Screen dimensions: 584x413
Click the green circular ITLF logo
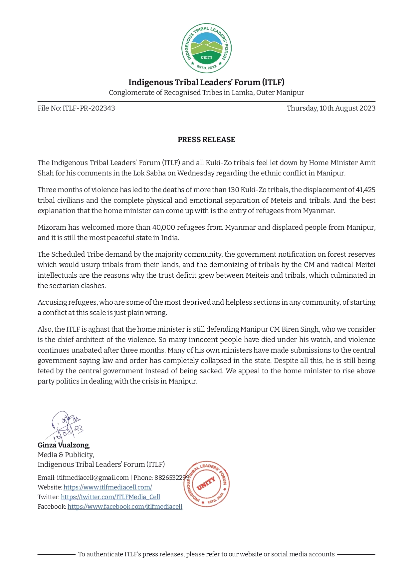206,49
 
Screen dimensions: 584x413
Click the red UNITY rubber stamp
207,484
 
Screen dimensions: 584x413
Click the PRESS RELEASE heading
206,140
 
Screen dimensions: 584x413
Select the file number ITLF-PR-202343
89,109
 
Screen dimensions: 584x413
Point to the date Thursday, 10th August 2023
331,109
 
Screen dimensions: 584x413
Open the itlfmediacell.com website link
108,487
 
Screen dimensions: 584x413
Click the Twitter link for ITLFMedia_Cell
110,497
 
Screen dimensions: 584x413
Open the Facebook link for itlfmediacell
125,507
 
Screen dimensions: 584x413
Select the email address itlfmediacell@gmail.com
93,478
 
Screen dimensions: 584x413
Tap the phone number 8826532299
172,478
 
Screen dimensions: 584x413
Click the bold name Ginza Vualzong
63,445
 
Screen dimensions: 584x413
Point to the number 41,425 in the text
365,190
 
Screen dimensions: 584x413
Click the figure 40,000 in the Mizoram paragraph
163,228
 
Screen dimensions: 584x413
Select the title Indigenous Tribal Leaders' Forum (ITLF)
206,83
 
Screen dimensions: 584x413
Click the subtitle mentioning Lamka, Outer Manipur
206,93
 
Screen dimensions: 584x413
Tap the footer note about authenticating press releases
206,554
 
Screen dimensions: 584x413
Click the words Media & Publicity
66,455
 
